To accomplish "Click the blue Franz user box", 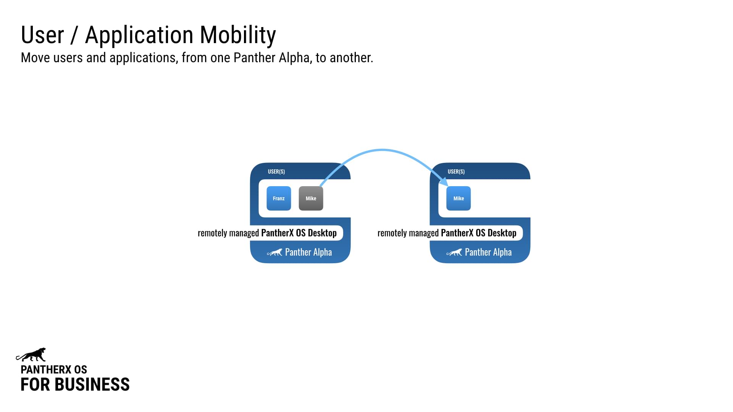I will pyautogui.click(x=279, y=198).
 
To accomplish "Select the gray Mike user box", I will pyautogui.click(x=311, y=198).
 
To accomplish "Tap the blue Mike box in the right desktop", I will pyautogui.click(x=459, y=198).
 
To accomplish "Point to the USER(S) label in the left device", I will pyautogui.click(x=276, y=172).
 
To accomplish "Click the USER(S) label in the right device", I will pyautogui.click(x=456, y=172).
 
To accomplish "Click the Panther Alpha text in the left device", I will pyautogui.click(x=308, y=252).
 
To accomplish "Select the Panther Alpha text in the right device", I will pyautogui.click(x=488, y=252).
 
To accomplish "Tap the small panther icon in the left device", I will pyautogui.click(x=274, y=253).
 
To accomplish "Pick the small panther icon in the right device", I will pyautogui.click(x=454, y=253).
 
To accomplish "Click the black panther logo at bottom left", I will pyautogui.click(x=31, y=355).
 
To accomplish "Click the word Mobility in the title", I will pyautogui.click(x=237, y=35).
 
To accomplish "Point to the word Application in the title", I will pyautogui.click(x=139, y=35).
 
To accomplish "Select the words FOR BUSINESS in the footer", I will pyautogui.click(x=75, y=385).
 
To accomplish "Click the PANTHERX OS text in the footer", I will pyautogui.click(x=54, y=370).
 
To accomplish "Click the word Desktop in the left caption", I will pyautogui.click(x=322, y=233).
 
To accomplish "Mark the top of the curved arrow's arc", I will pyautogui.click(x=382, y=150).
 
